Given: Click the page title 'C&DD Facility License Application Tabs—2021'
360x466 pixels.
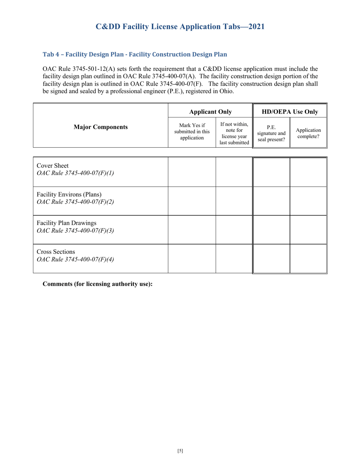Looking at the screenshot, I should coord(180,27).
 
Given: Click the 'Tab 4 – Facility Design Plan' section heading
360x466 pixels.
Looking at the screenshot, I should coord(135,54).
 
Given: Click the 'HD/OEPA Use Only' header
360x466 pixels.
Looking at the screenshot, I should coord(290,112).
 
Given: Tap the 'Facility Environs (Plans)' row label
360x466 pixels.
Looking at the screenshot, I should coord(69,195).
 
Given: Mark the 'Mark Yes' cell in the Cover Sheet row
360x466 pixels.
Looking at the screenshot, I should coord(192,172).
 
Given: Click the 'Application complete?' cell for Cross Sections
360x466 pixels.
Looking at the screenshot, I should coord(308,259).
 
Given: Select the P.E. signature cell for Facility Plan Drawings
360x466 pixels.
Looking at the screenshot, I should coord(271,230).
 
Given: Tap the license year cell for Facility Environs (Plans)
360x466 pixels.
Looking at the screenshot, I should coord(234,201).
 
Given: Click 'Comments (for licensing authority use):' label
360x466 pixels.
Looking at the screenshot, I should coord(98,284).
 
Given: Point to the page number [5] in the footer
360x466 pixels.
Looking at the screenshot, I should coord(180,451).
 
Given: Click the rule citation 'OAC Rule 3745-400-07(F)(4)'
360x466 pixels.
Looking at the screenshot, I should coord(75,260).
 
